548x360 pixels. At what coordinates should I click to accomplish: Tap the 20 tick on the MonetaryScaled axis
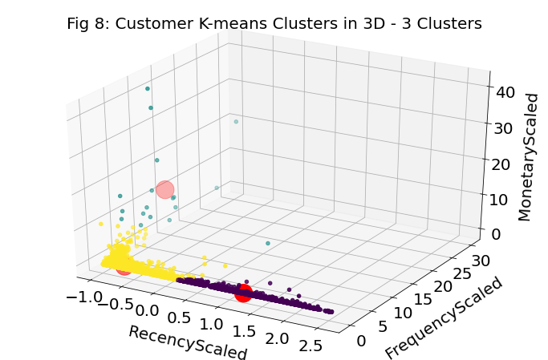click(500, 164)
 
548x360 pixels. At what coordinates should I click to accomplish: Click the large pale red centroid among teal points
click(164, 189)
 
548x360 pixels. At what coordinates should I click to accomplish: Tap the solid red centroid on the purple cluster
click(243, 293)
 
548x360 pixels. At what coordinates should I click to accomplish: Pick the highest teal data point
click(148, 88)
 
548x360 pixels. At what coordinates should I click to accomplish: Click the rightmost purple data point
click(331, 311)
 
